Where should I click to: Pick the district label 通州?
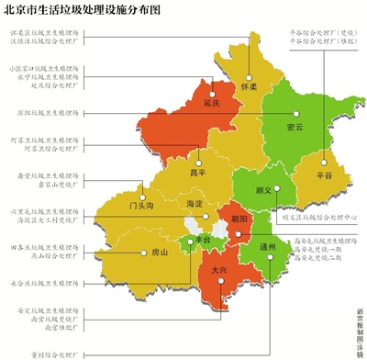coord(270,247)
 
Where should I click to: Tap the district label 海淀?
coord(195,204)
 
